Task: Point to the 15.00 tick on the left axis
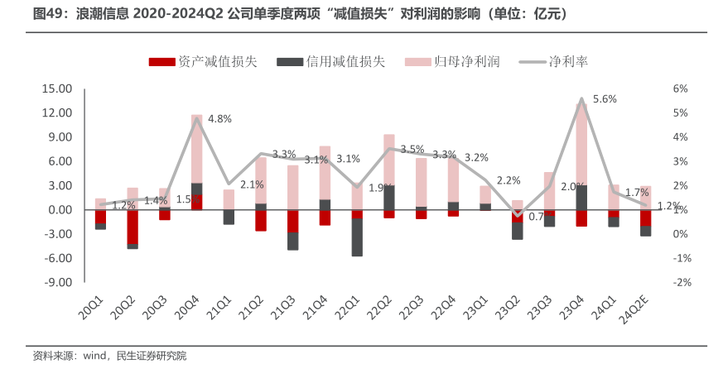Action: coord(59,88)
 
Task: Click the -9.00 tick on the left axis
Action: coord(59,282)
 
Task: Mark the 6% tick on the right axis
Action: coord(681,88)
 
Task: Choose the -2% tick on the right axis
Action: coord(681,282)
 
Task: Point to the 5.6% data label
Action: coord(605,99)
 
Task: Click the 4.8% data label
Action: coord(219,119)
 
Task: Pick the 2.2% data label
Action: coord(509,180)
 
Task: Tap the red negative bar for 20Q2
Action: coord(133,227)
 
